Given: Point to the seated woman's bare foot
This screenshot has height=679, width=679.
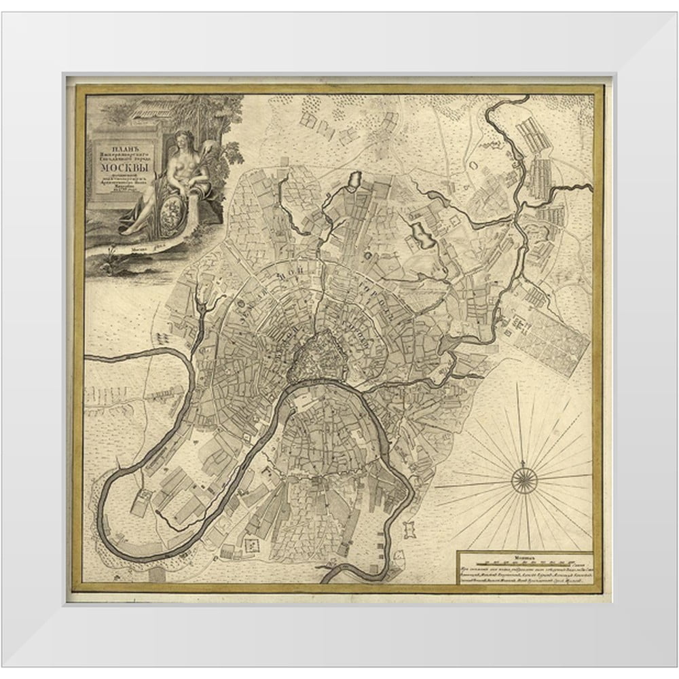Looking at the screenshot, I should click(126, 230).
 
